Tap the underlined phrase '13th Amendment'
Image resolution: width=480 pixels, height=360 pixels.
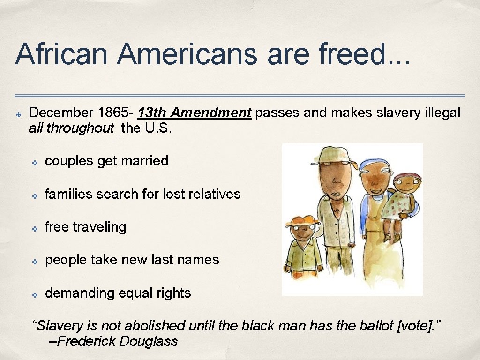(x=195, y=113)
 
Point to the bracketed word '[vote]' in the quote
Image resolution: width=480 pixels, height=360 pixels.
(x=415, y=325)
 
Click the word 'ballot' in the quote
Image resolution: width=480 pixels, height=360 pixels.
(x=372, y=325)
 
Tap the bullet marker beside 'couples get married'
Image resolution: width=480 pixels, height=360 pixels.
(x=35, y=162)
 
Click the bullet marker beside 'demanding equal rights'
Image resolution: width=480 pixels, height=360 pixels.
(x=35, y=294)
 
